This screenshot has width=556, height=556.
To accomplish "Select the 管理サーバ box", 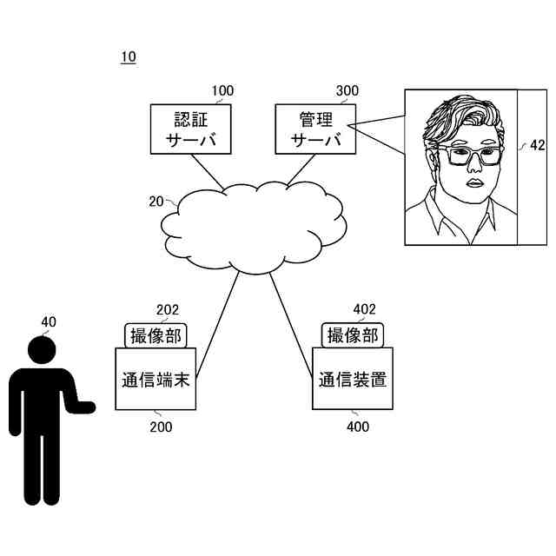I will [x=310, y=129].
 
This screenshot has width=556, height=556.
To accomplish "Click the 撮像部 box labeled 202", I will [x=156, y=334].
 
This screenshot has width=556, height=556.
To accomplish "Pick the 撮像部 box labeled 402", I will [x=353, y=334].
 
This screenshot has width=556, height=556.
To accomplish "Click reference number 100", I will [x=222, y=90].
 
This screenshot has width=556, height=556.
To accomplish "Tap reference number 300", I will [x=347, y=90].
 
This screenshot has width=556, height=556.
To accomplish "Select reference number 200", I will [x=161, y=427].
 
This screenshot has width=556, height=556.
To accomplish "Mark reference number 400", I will [x=357, y=427].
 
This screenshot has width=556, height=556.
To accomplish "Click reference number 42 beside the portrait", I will [x=538, y=146].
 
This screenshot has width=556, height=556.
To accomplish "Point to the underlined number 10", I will [x=128, y=57].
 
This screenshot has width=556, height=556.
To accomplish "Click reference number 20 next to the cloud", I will [x=156, y=202].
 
